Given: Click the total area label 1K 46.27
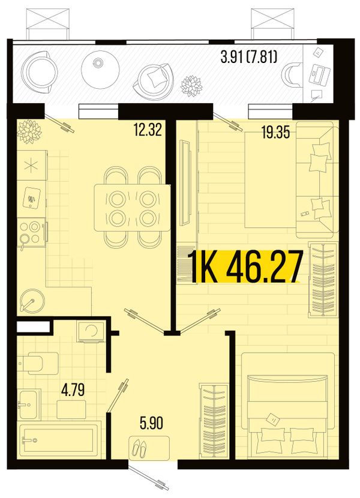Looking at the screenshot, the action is point(245,267).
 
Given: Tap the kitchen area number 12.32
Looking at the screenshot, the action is point(148,130).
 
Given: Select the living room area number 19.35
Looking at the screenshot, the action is point(276,133).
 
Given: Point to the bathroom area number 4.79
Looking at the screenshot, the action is point(73,389).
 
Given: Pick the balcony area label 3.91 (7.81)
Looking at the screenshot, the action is point(249,58).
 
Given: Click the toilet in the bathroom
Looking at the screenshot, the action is point(38,363).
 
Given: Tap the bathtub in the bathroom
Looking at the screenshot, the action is point(59,440).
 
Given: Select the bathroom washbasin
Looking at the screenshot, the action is point(29,404).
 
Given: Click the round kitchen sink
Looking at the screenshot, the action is point(32,300).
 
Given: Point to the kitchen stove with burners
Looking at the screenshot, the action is point(31,232).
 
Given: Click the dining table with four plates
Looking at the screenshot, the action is point(132,208).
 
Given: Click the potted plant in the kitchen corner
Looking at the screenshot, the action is point(29,131).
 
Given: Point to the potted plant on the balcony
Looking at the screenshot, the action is point(191,86).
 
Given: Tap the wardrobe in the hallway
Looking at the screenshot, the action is point(214,421).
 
